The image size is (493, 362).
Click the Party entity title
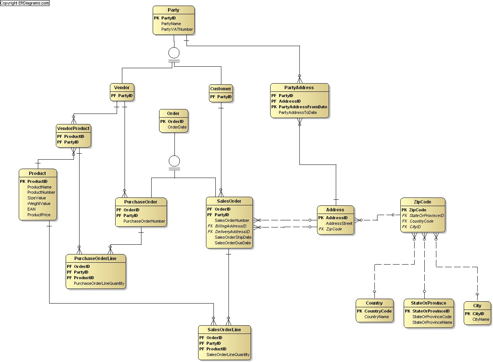tap(173, 10)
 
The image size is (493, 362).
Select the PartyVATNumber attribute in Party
tap(177, 29)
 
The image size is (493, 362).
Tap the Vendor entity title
tap(122, 87)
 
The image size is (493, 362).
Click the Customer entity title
tap(221, 88)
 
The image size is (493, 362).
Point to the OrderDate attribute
tap(177, 127)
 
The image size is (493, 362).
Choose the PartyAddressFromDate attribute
tap(303, 107)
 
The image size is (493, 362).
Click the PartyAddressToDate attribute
tap(298, 112)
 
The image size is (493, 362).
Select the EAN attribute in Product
tap(31, 209)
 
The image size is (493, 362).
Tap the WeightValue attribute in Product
tap(39, 203)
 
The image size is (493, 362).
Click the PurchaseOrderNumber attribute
tap(144, 221)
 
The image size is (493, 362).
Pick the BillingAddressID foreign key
tap(231, 226)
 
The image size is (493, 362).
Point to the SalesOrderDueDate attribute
tap(233, 243)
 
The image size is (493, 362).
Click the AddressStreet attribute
tap(339, 223)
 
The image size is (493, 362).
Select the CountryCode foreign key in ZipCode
tap(421, 221)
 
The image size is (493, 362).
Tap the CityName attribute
tap(481, 319)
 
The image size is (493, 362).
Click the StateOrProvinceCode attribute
tap(431, 317)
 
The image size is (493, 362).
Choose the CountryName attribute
tap(376, 317)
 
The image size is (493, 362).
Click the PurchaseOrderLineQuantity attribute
tap(99, 283)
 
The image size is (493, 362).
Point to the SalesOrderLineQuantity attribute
tap(228, 355)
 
